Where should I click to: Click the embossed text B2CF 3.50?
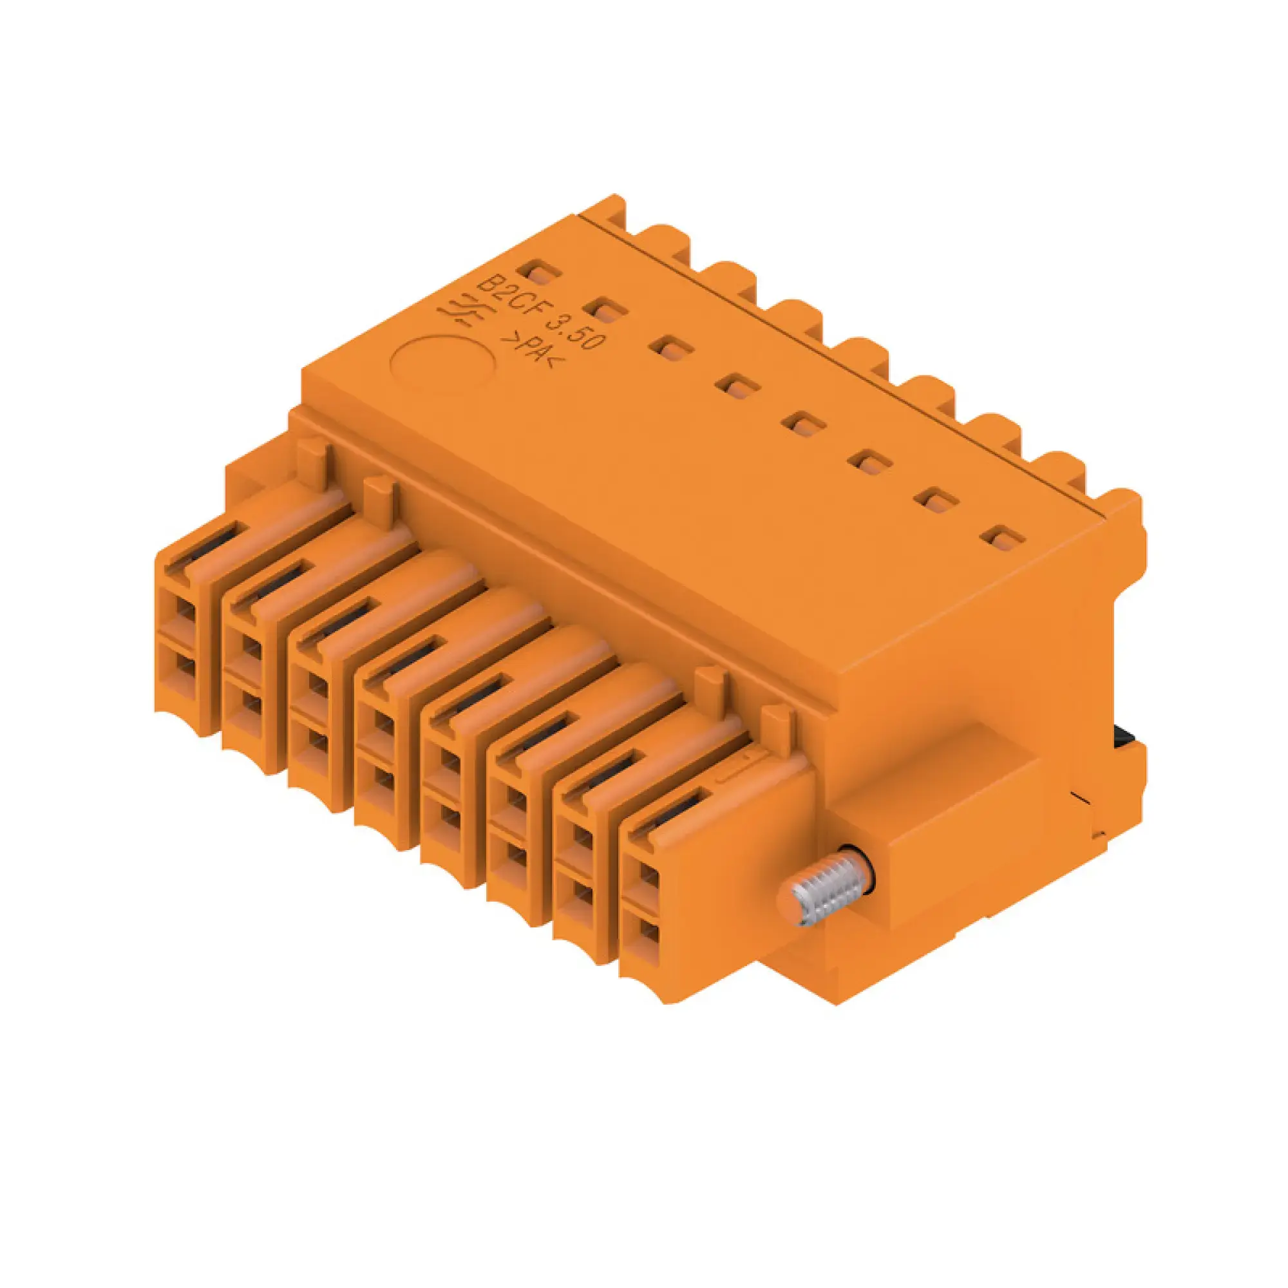(x=542, y=313)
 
